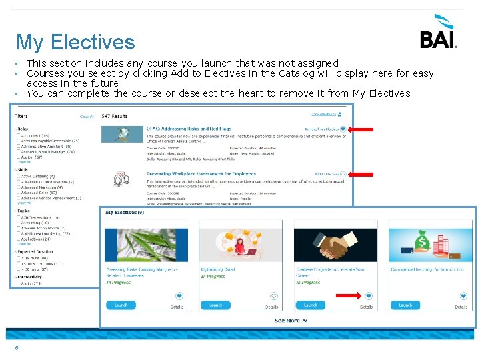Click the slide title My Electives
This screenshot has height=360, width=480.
75,43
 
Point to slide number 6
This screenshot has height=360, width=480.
17,347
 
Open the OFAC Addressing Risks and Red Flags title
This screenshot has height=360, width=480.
189,128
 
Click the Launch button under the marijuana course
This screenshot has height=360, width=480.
121,305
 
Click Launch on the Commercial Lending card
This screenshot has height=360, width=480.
405,305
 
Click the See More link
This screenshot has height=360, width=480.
291,321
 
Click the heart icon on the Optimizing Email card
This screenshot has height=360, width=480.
273,295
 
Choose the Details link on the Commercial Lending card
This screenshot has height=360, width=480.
461,307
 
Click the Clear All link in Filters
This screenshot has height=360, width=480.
87,117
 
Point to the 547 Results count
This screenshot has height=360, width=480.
114,116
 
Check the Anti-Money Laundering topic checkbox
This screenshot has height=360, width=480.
18,233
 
